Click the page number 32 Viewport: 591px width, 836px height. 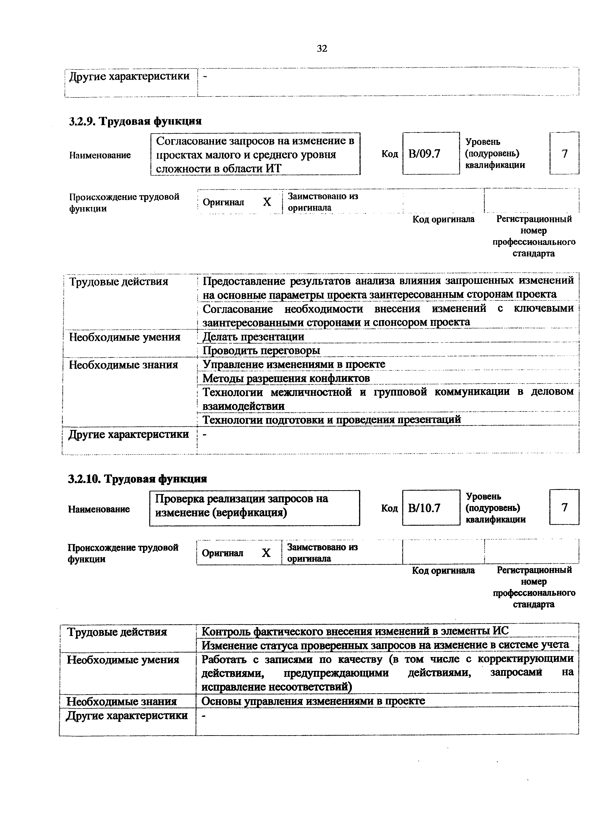[322, 48]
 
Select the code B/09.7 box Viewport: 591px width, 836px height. [431, 154]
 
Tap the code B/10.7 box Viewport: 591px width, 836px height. [431, 508]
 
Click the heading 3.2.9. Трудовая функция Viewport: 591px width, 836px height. [135, 121]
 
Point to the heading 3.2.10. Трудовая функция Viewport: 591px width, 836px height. [137, 479]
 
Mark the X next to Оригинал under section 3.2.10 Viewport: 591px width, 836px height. [266, 553]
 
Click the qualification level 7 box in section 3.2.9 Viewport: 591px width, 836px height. [564, 154]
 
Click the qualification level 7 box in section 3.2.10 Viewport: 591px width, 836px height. [564, 507]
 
